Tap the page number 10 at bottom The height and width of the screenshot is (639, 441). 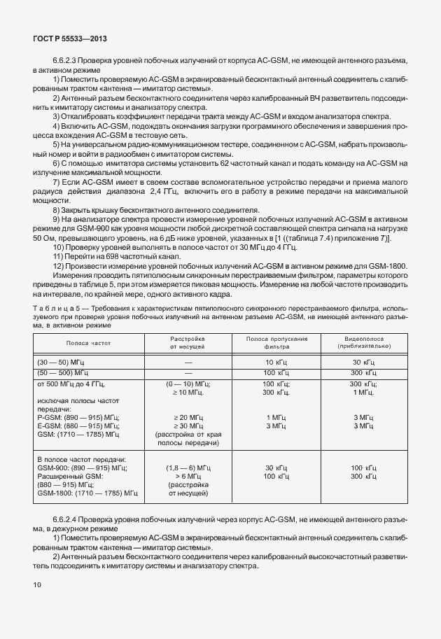pos(37,584)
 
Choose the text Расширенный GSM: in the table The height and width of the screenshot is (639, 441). pos(69,476)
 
